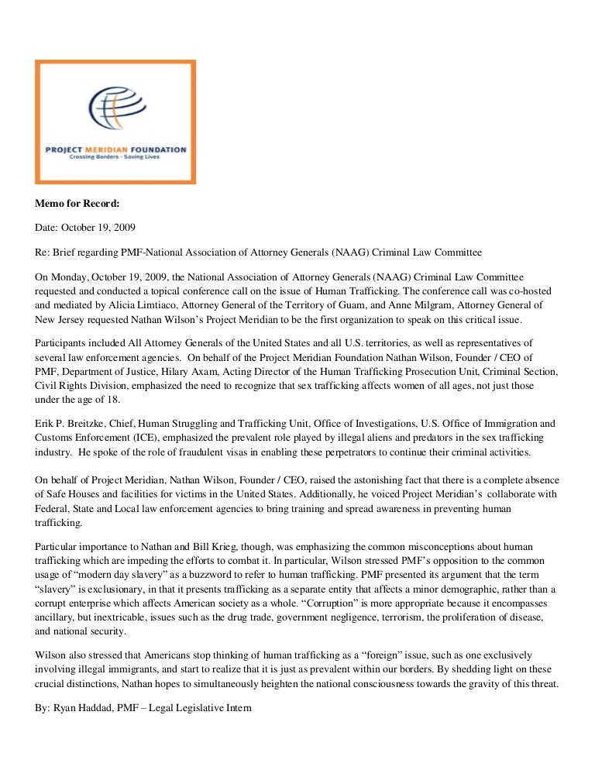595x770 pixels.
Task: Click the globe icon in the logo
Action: pos(115,113)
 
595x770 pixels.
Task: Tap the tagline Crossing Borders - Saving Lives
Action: pos(115,156)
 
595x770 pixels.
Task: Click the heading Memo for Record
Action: pos(76,205)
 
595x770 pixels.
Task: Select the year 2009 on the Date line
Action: pos(126,229)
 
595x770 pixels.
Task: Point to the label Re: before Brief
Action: pos(43,253)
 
